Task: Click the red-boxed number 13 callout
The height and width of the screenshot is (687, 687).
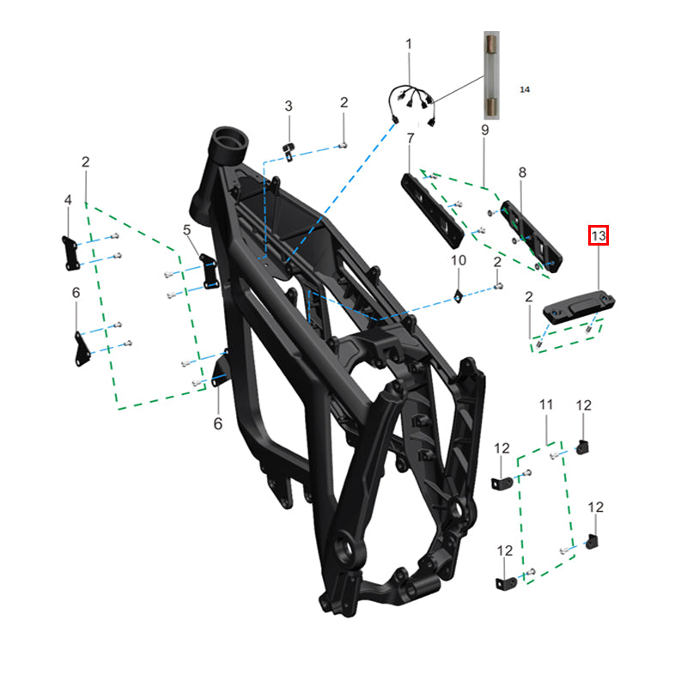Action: [598, 235]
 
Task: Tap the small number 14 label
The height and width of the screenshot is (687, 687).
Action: [525, 89]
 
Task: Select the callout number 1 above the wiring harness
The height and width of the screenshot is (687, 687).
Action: [409, 45]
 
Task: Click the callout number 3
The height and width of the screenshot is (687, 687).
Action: [289, 106]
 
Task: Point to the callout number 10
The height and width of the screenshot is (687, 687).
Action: [459, 260]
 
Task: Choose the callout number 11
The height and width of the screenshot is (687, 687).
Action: [546, 404]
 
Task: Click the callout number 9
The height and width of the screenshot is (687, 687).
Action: [484, 130]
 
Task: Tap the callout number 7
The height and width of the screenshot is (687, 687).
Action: [410, 138]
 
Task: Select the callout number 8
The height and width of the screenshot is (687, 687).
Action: [522, 173]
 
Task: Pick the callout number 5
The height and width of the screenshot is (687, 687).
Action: [187, 229]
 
